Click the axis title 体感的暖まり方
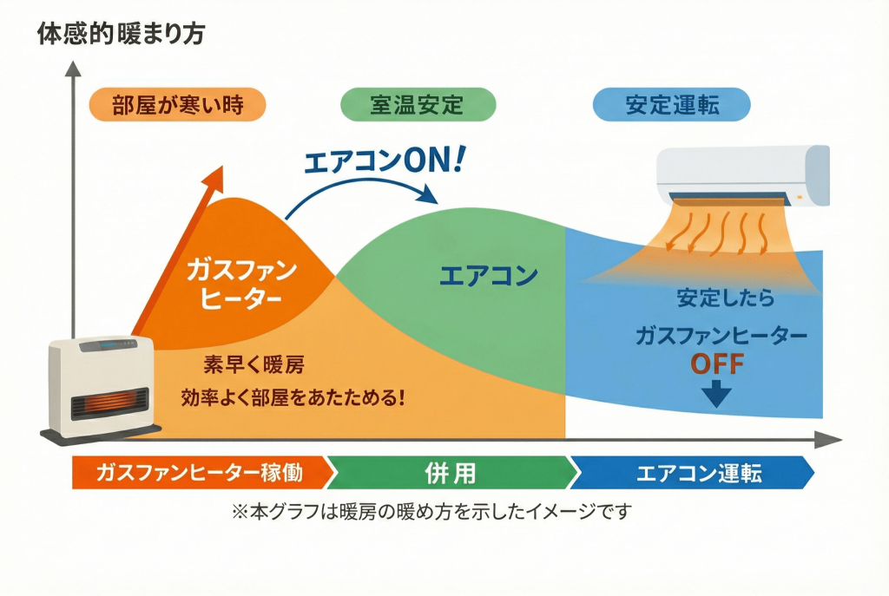[x=121, y=35]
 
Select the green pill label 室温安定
[x=417, y=106]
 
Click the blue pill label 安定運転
[x=671, y=106]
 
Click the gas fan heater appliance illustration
[x=102, y=388]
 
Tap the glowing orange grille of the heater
[x=103, y=405]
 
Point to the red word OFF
[x=717, y=363]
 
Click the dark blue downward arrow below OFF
[x=717, y=395]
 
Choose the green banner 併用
[x=451, y=473]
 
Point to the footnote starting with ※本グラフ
[x=431, y=512]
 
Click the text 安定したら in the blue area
[x=725, y=299]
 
